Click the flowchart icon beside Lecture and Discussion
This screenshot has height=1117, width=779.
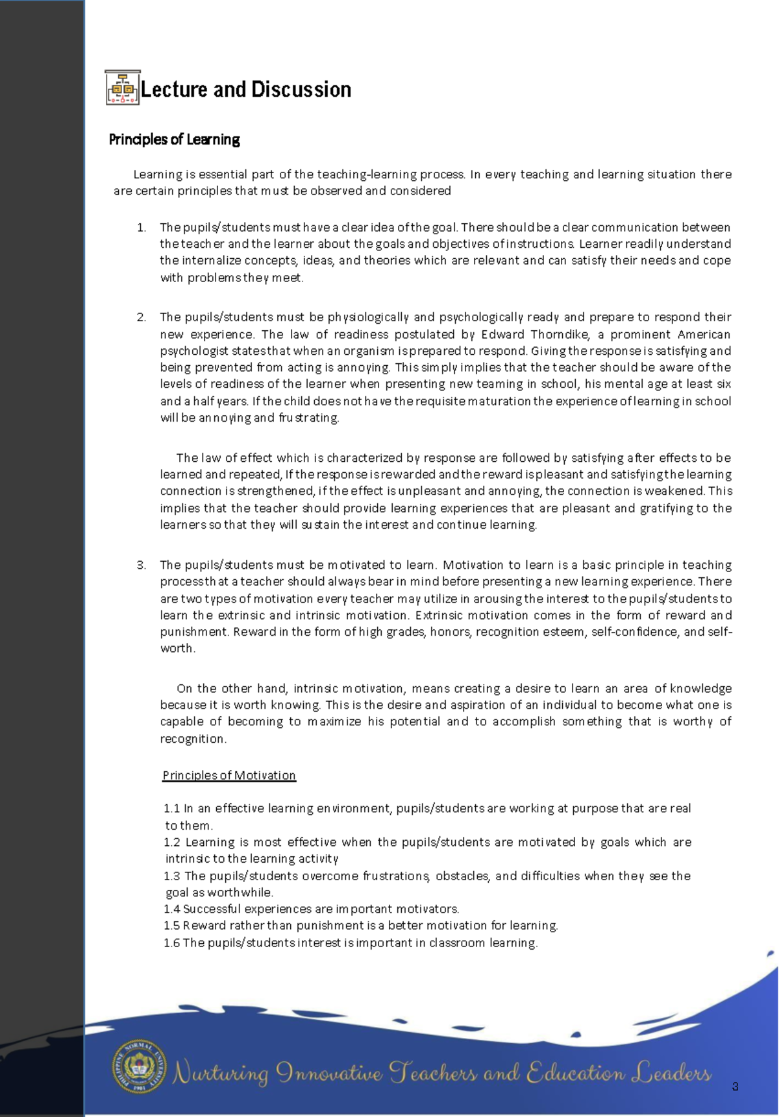tap(122, 88)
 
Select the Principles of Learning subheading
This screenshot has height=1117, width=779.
tap(174, 139)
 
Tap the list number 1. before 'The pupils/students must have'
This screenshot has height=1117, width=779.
tap(142, 228)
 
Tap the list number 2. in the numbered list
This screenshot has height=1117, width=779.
tap(142, 317)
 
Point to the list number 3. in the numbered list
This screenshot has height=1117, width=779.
tap(142, 565)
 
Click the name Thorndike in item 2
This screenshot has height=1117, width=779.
tap(559, 335)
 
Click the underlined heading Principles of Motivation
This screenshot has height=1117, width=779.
tap(229, 776)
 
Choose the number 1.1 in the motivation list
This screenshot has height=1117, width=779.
tap(171, 809)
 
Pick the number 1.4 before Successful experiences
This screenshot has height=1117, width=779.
tap(171, 909)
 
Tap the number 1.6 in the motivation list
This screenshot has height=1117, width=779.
tap(171, 943)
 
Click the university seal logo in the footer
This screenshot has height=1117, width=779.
tap(139, 1067)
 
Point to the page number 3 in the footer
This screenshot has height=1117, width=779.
tap(735, 1087)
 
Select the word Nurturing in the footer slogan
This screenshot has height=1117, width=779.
tap(221, 1074)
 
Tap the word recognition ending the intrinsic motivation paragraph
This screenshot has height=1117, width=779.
tap(193, 739)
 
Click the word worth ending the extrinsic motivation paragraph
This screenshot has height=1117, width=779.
tap(177, 649)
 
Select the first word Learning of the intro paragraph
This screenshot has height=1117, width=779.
tap(158, 174)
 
